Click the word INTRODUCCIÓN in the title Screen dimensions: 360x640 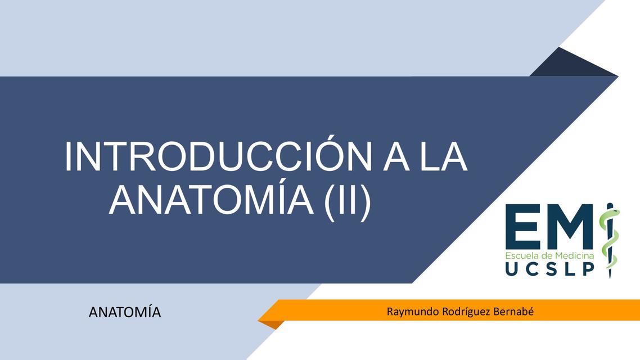[x=217, y=157]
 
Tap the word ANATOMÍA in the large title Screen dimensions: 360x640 [x=211, y=200]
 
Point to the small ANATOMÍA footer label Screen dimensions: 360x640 [x=125, y=312]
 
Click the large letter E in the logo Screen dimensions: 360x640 [x=522, y=227]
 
